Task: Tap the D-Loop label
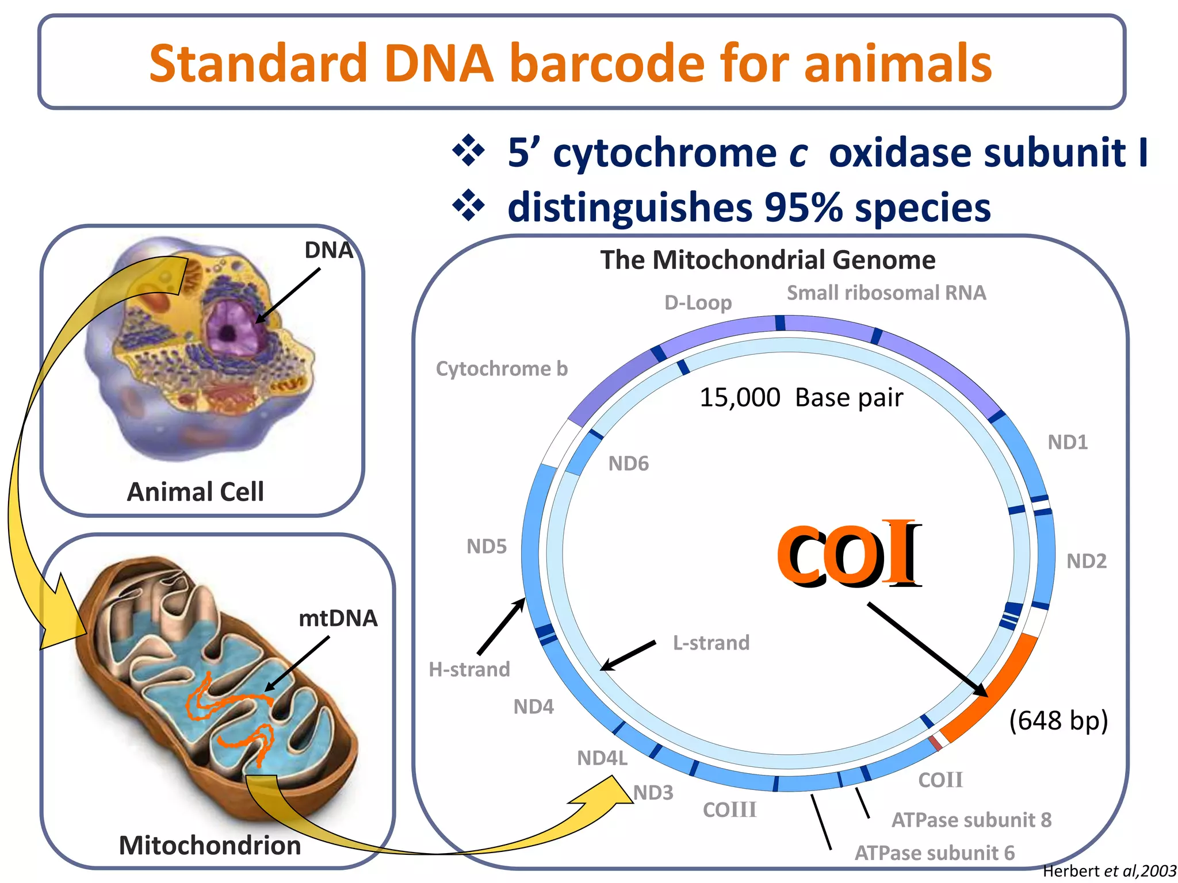pos(698,302)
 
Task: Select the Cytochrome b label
pos(502,368)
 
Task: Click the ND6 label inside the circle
pos(628,463)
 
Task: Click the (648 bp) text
pos(1058,720)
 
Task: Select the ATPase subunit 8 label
pos(971,820)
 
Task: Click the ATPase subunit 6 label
pos(935,853)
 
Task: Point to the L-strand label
pos(711,643)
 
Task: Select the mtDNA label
pos(338,619)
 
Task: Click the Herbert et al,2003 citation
pos(1109,872)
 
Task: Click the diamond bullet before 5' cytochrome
pos(469,151)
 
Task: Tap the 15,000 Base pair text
pos(801,397)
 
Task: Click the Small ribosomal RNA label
pos(886,293)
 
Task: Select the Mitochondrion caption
pos(210,846)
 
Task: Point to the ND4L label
pos(602,758)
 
